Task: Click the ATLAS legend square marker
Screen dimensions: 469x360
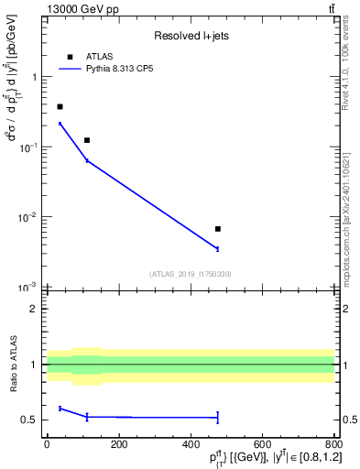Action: (70, 57)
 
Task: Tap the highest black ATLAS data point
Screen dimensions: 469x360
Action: (60, 107)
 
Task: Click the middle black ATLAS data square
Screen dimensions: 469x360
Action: (87, 140)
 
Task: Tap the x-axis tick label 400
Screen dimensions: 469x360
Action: (191, 445)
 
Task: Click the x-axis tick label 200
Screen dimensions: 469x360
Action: (119, 445)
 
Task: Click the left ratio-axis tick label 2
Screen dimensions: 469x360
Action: (33, 309)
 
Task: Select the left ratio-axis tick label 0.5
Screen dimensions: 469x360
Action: (29, 420)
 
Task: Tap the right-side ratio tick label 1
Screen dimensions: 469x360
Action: (344, 365)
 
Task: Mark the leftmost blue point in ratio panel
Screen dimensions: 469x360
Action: (60, 409)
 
